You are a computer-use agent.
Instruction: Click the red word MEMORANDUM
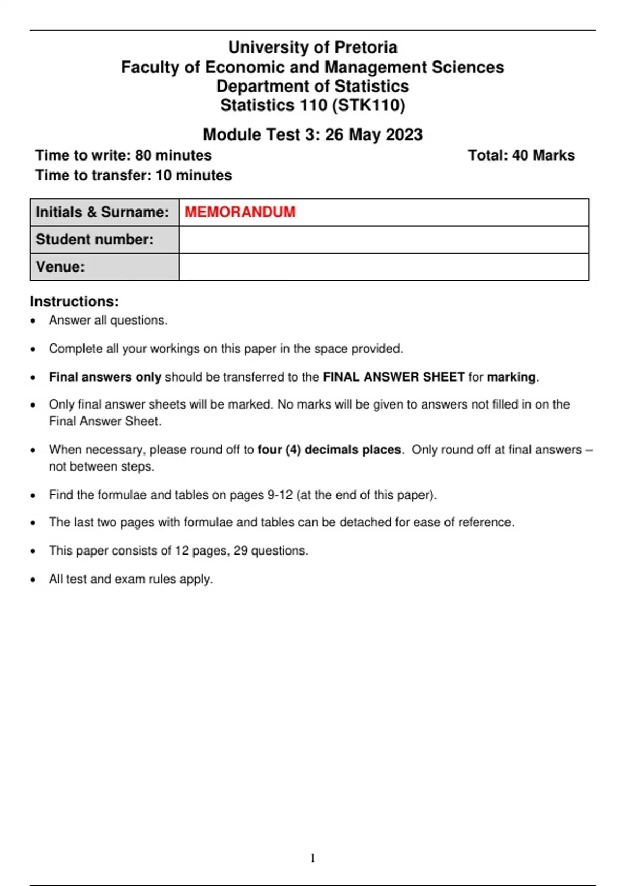(x=240, y=212)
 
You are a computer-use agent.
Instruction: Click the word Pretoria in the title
(x=366, y=47)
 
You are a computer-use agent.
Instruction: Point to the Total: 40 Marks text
(x=521, y=155)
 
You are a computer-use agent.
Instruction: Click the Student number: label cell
(x=95, y=240)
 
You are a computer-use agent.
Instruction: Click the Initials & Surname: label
(x=102, y=212)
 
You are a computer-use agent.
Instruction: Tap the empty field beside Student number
(x=384, y=240)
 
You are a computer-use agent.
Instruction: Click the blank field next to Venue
(x=384, y=267)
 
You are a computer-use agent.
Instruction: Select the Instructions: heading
(x=74, y=302)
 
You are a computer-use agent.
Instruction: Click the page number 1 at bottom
(x=312, y=858)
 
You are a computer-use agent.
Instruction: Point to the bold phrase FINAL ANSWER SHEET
(x=394, y=377)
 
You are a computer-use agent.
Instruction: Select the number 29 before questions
(x=240, y=551)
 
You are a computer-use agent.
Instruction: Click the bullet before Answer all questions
(x=33, y=321)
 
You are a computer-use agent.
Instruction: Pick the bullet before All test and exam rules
(x=33, y=580)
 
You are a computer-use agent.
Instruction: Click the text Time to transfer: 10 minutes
(x=134, y=175)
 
